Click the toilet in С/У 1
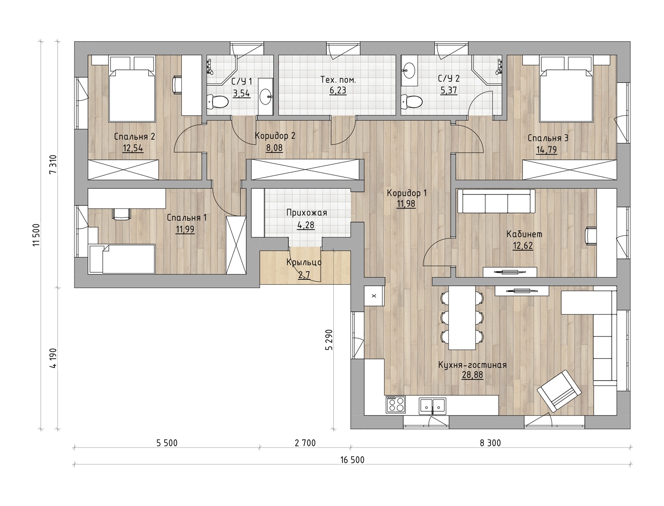(x=217, y=102)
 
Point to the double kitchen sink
(x=433, y=406)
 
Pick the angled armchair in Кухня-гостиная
(x=559, y=391)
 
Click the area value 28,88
(x=472, y=375)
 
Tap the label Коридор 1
(x=407, y=193)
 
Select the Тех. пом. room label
(x=338, y=80)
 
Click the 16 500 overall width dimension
(x=352, y=460)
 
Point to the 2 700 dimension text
(x=305, y=443)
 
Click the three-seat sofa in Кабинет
(x=496, y=201)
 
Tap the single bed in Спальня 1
(x=122, y=259)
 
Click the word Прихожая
(x=307, y=213)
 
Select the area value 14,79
(x=546, y=150)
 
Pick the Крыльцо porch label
(x=304, y=262)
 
